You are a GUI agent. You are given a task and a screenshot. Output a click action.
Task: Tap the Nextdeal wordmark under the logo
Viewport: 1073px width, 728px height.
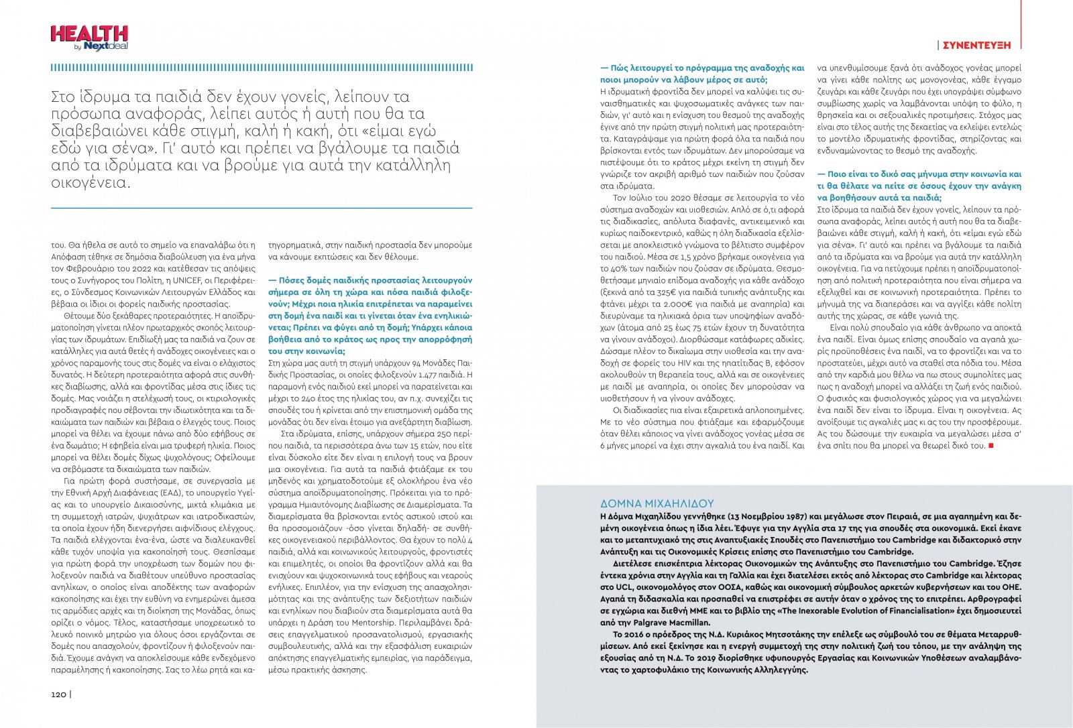tap(106, 46)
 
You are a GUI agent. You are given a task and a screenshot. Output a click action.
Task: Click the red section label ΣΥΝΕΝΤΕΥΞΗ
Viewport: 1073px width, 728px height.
tap(976, 45)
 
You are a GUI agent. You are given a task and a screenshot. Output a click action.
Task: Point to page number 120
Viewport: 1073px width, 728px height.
tap(59, 694)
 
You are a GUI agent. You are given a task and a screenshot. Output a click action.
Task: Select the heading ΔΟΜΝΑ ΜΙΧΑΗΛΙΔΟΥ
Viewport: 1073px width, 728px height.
tap(657, 503)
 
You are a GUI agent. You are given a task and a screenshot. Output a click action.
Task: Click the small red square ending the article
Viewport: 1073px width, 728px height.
tap(991, 446)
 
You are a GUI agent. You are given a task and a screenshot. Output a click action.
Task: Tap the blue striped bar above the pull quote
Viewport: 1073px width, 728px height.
tap(262, 68)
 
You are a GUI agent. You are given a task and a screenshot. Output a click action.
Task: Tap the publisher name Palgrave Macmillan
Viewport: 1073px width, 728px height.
tap(661, 623)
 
